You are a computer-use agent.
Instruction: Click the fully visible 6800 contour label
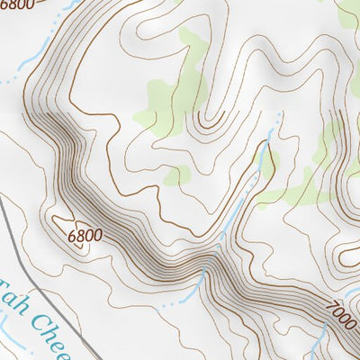coord(85,236)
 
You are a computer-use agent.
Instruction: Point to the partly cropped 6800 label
coord(17,4)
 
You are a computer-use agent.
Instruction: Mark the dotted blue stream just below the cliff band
coord(175,301)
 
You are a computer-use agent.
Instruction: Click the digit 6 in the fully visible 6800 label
coord(72,232)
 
